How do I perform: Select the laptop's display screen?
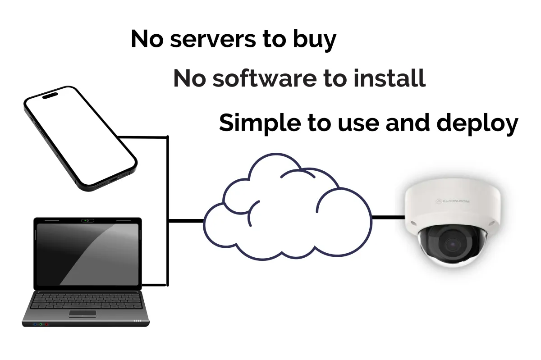(x=87, y=254)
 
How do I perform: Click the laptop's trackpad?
(x=82, y=313)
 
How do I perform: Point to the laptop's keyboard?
(x=86, y=300)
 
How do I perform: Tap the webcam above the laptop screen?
(x=87, y=221)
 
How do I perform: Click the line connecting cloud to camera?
(x=388, y=218)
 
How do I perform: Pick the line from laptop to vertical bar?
(x=155, y=285)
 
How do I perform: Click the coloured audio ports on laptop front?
(x=41, y=324)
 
